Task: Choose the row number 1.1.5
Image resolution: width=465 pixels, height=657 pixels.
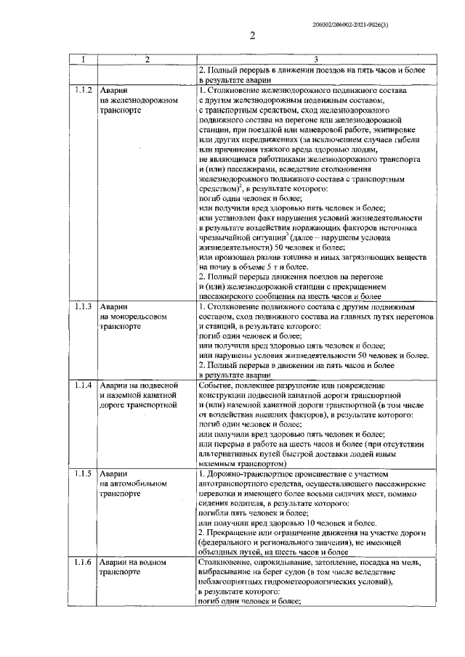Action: tap(82, 473)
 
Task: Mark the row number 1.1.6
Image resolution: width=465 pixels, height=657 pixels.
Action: tap(82, 563)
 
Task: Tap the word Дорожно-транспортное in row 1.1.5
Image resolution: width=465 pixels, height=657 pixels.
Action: tap(251, 473)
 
